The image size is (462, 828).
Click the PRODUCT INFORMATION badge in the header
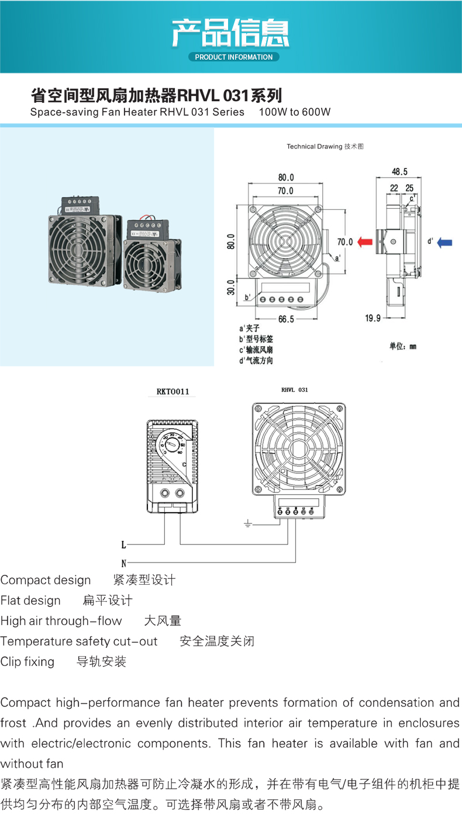pyautogui.click(x=233, y=57)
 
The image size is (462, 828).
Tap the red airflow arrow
pyautogui.click(x=366, y=241)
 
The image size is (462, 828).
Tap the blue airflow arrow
pyautogui.click(x=444, y=241)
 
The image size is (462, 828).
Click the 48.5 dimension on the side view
pyautogui.click(x=400, y=172)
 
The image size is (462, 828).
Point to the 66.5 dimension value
pyautogui.click(x=286, y=319)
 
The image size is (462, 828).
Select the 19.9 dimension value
pyautogui.click(x=372, y=318)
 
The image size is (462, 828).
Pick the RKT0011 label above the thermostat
pyautogui.click(x=173, y=391)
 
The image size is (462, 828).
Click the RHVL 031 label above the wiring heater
pyautogui.click(x=294, y=389)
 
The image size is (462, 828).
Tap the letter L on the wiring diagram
pyautogui.click(x=123, y=545)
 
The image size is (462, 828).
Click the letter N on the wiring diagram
pyautogui.click(x=123, y=564)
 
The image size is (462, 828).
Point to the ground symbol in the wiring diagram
pyautogui.click(x=247, y=523)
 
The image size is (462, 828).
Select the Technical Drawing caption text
pyautogui.click(x=325, y=146)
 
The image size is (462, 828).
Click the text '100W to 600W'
pyautogui.click(x=295, y=112)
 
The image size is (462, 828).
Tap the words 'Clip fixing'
pyautogui.click(x=27, y=661)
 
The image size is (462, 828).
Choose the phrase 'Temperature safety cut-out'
pyautogui.click(x=79, y=641)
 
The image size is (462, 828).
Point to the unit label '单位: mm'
pyautogui.click(x=403, y=346)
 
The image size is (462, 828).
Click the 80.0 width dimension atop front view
pyautogui.click(x=286, y=177)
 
